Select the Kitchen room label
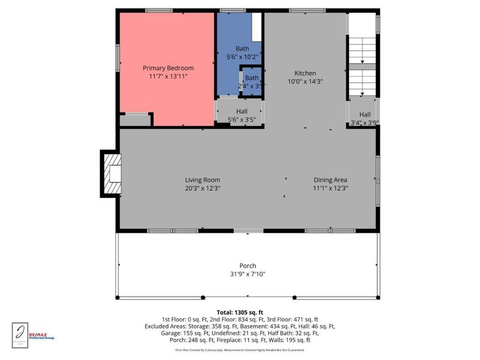(x=305, y=73)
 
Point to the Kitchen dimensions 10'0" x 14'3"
(x=305, y=82)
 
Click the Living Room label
(x=202, y=179)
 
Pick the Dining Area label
(x=331, y=179)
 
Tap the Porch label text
(x=247, y=266)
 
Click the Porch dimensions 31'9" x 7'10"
(x=247, y=274)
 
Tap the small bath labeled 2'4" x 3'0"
(x=251, y=82)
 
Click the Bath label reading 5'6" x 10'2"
(x=242, y=53)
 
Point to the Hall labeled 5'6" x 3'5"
(x=242, y=116)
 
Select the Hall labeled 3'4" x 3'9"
(x=364, y=119)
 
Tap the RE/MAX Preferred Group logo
(x=41, y=337)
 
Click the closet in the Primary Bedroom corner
(x=135, y=119)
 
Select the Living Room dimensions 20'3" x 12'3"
(x=202, y=188)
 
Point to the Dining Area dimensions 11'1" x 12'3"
(x=331, y=188)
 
